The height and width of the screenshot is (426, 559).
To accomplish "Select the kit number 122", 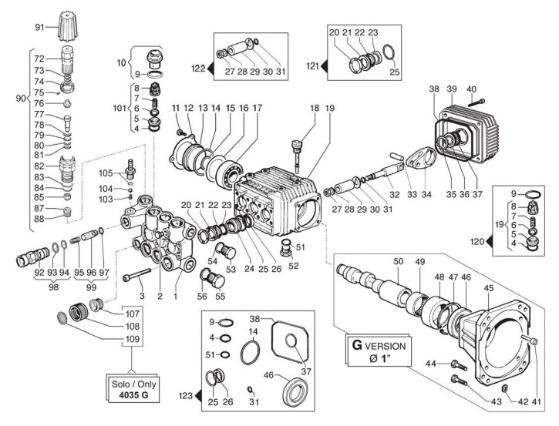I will pos(200,68).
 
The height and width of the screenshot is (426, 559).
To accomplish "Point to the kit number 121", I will pos(312,68).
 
